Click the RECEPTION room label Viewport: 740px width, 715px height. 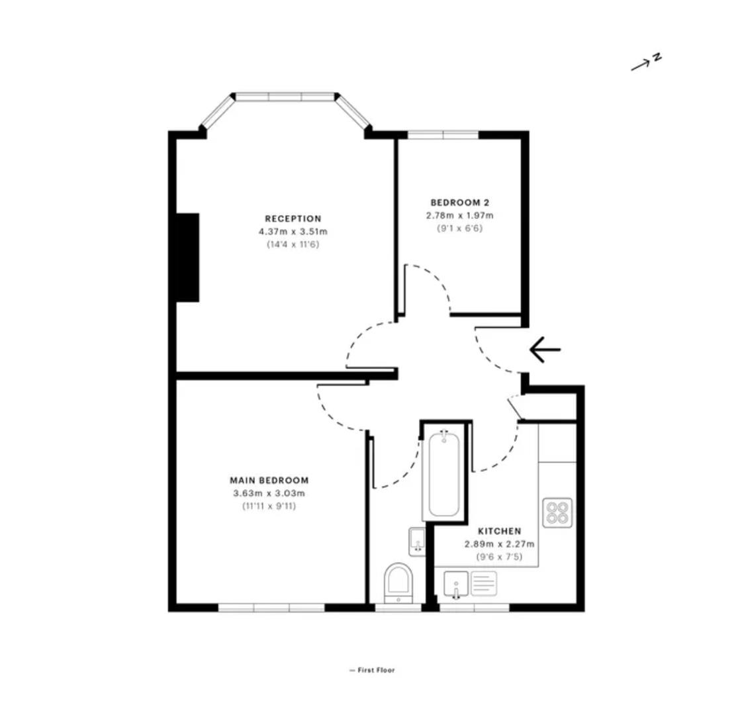[x=293, y=218]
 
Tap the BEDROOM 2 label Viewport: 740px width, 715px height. [x=459, y=203]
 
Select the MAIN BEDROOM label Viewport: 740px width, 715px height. [x=269, y=481]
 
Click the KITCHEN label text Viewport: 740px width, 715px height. [x=499, y=531]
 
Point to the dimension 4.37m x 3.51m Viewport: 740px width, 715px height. [x=293, y=232]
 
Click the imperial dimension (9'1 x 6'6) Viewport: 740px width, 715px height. [x=459, y=228]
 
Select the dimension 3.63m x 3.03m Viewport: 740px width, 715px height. [x=269, y=494]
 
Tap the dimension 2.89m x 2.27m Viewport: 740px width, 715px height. [x=499, y=544]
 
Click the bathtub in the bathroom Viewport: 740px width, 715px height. [x=443, y=473]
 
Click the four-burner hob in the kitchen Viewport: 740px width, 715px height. [x=557, y=512]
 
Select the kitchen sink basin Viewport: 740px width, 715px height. [x=456, y=585]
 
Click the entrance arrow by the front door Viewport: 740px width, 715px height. [x=545, y=350]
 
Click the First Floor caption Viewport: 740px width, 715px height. [x=372, y=670]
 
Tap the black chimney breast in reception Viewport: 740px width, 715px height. [x=187, y=258]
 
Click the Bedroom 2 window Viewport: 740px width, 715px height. [x=443, y=135]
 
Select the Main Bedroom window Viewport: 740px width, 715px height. [x=271, y=608]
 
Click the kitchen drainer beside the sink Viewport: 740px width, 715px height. [x=484, y=583]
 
